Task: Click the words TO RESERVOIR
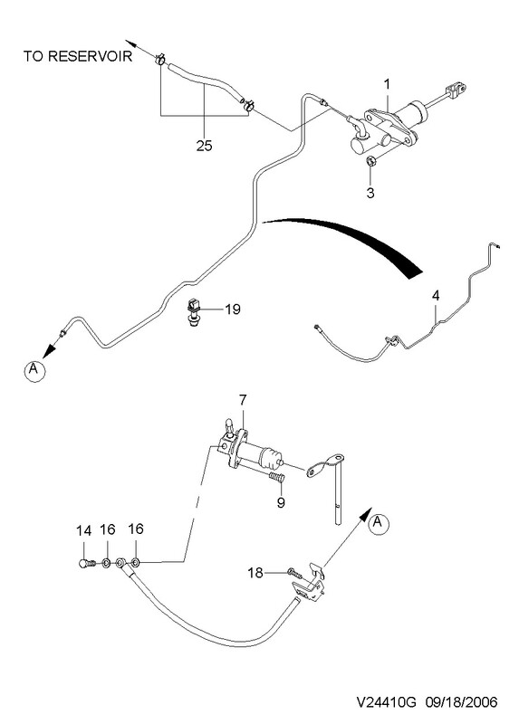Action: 78,56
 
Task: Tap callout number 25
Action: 204,146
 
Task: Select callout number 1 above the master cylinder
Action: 388,84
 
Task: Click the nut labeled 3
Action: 370,161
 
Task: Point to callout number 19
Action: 233,309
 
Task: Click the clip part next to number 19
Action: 193,311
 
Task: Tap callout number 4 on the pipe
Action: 436,296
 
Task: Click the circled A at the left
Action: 34,371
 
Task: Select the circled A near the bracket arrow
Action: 379,523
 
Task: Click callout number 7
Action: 243,399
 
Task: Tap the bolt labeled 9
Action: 276,478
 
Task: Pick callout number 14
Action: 83,531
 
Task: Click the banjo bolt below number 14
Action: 86,563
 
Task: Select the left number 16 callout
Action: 108,529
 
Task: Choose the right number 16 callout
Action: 136,529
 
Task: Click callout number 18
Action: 255,573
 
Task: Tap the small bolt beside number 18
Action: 294,573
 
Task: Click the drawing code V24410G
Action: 387,702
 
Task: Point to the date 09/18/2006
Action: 462,702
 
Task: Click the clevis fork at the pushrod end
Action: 457,88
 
